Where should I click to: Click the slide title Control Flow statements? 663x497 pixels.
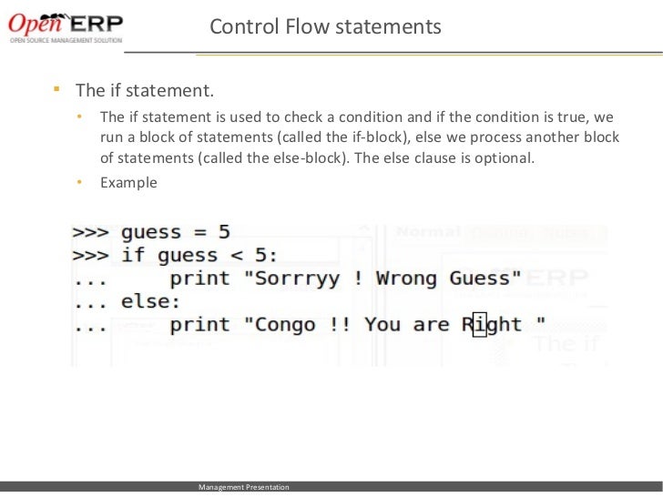click(325, 27)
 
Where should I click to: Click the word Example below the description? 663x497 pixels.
click(128, 182)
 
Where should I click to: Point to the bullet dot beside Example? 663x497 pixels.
click(80, 182)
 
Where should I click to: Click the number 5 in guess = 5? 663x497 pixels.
click(223, 232)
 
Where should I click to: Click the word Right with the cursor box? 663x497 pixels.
click(492, 324)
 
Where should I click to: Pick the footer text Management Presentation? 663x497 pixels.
click(244, 488)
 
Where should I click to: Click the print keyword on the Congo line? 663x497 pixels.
click(199, 324)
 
